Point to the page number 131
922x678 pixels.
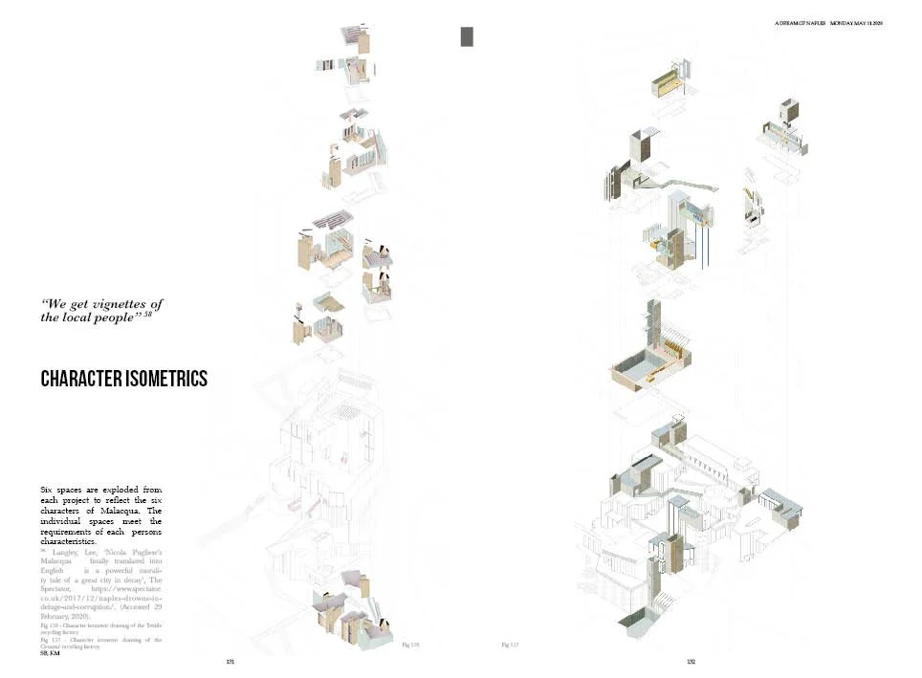[230, 662]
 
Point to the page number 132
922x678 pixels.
[691, 662]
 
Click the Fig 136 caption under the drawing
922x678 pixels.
[410, 645]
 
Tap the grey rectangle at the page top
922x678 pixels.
[467, 36]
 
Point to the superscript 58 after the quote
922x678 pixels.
[148, 315]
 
